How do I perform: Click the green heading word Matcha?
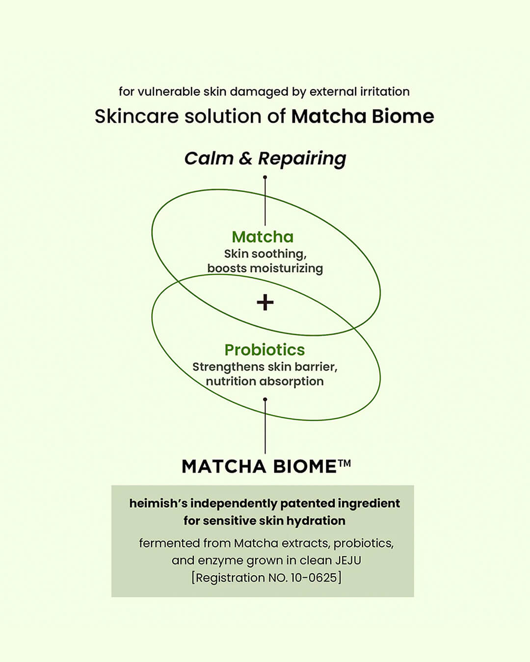click(263, 237)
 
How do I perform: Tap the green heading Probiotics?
click(265, 350)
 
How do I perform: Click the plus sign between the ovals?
click(265, 302)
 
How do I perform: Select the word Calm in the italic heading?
click(208, 158)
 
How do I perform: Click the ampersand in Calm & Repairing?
click(245, 158)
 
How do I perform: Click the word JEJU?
click(348, 560)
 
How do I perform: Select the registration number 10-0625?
click(314, 578)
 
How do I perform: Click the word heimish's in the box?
click(159, 503)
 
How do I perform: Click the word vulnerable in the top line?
click(169, 92)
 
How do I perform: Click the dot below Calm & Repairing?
click(265, 178)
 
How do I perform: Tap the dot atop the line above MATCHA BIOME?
click(265, 399)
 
